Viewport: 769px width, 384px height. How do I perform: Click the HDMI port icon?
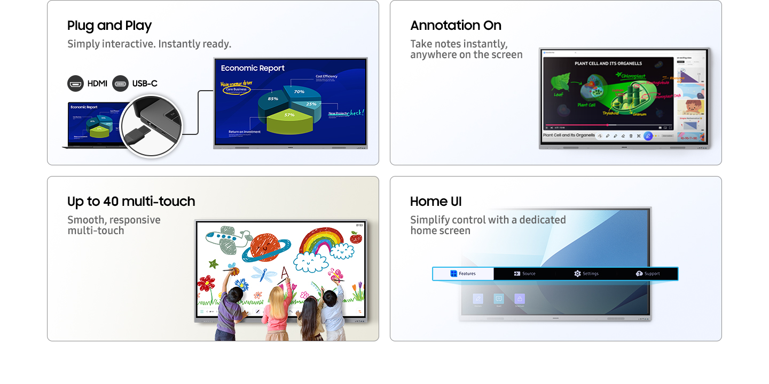[76, 83]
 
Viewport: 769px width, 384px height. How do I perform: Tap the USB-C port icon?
[121, 83]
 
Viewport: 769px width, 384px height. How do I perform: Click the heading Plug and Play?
[109, 26]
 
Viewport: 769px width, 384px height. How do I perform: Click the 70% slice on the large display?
[302, 92]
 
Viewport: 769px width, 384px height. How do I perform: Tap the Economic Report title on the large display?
[253, 68]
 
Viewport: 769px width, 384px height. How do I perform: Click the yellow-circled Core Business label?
[236, 90]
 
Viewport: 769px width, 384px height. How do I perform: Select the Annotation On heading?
[456, 26]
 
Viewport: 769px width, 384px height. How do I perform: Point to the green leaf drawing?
[560, 82]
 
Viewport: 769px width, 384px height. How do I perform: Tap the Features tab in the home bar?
[463, 274]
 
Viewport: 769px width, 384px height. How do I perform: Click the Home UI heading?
[436, 202]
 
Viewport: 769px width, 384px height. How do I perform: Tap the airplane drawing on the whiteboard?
[226, 237]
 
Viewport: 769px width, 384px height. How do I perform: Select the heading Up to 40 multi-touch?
[131, 202]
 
